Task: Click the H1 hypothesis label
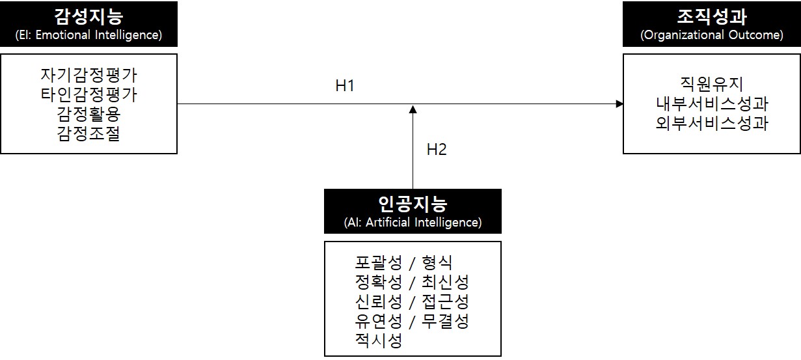pos(345,85)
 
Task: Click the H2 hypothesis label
pos(437,149)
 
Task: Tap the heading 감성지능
pos(88,16)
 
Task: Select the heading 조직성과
pos(712,16)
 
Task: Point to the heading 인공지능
pos(413,204)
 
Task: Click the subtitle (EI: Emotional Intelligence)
pos(88,35)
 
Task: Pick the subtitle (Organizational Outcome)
pos(712,35)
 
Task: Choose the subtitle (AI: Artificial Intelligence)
pos(413,223)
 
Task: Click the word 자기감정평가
pos(88,76)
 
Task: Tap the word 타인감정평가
pos(88,95)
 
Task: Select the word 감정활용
pos(88,115)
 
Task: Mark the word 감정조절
pos(88,134)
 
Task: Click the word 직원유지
pos(712,84)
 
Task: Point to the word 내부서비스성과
pos(712,104)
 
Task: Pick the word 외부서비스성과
pos(712,123)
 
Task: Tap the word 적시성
pos(378,340)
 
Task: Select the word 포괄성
pos(378,262)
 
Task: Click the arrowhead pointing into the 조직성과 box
pos(619,104)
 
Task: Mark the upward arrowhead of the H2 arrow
pos(413,109)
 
